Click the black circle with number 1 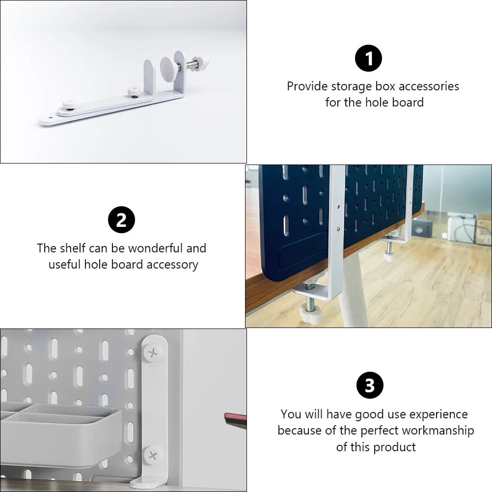[x=368, y=58]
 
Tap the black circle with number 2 [x=121, y=220]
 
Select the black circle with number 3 [x=369, y=386]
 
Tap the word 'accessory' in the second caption [x=172, y=265]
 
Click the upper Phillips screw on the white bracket [x=154, y=352]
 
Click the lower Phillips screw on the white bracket [x=154, y=454]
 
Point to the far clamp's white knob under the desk [x=389, y=256]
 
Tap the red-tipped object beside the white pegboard [x=236, y=419]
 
